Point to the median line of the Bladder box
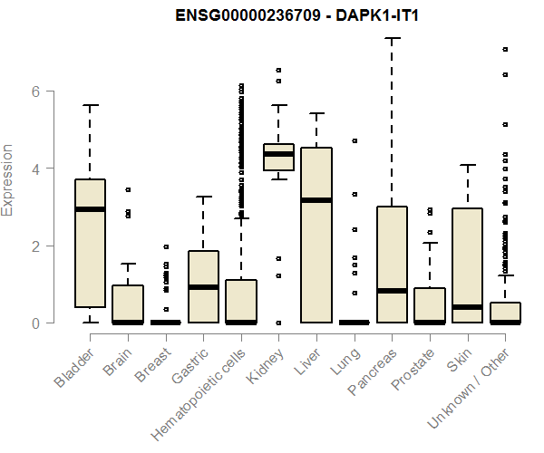pos(90,209)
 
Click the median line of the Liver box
pos(316,200)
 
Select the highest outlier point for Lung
pos(355,140)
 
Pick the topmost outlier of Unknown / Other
pos(505,49)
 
